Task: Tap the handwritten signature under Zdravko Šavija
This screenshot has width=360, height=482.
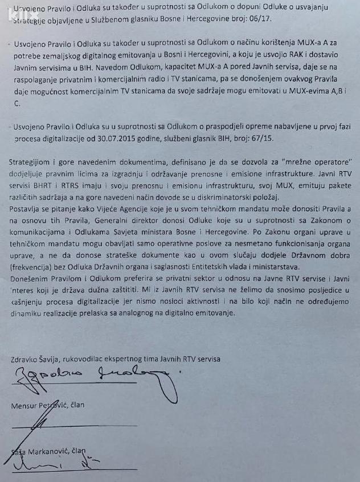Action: point(91,376)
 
